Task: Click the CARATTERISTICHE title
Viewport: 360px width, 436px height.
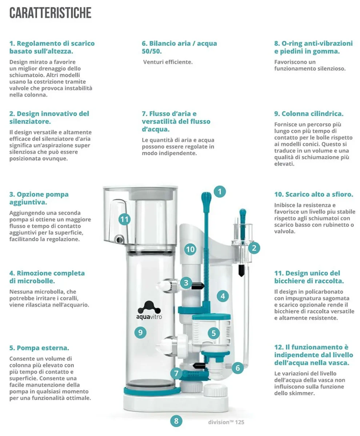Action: coord(50,13)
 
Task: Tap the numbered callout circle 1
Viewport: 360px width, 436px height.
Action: coord(220,191)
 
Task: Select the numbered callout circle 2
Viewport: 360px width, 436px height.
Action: coord(254,248)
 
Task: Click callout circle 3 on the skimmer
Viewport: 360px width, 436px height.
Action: coord(186,282)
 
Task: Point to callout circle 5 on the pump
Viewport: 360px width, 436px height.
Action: coord(213,332)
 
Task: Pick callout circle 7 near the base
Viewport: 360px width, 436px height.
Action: coord(176,373)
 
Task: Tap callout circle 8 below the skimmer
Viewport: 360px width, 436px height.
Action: coord(176,421)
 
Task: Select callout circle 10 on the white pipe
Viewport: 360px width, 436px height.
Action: coord(190,249)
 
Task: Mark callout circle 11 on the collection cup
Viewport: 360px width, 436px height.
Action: coord(124,219)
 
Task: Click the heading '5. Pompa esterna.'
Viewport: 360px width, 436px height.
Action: coord(39,348)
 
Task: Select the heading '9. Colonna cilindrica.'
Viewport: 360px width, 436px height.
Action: coord(308,114)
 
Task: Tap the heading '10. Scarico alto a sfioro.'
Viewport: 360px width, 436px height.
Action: coord(313,194)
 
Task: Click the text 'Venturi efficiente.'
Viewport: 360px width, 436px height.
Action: coord(168,62)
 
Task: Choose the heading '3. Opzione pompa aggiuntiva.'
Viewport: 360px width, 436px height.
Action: coord(39,198)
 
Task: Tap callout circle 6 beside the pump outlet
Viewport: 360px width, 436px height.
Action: coord(237,368)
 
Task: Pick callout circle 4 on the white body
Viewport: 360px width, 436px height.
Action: coord(223,296)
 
